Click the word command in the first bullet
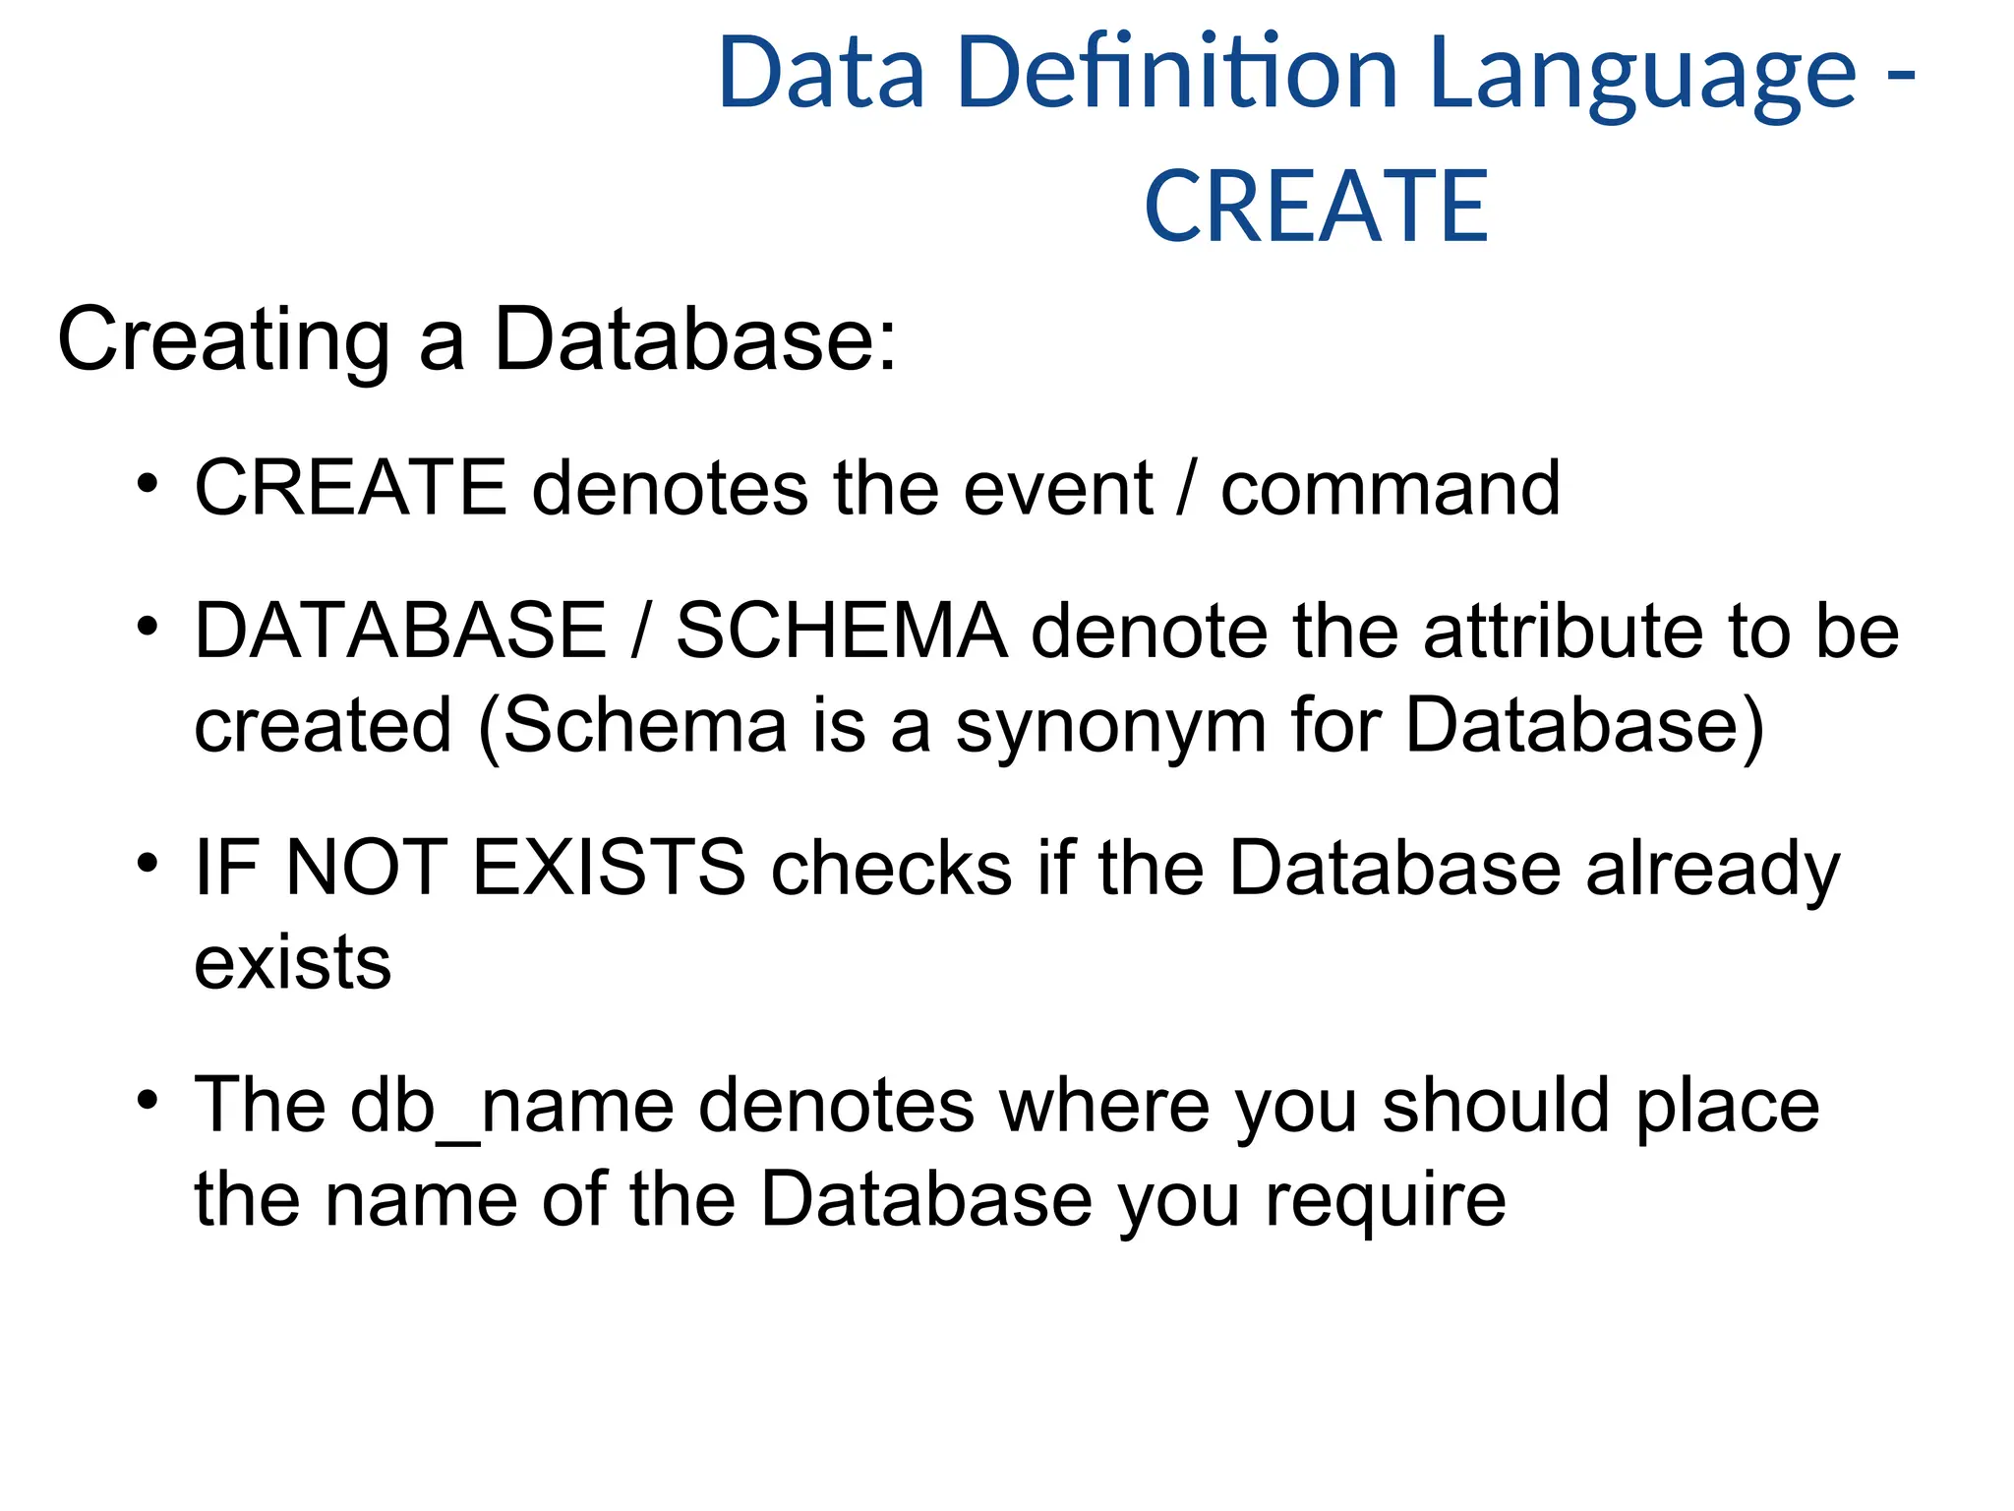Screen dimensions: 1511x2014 pos(1390,488)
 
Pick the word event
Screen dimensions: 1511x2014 pos(1058,488)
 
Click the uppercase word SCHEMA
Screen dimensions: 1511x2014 pos(842,631)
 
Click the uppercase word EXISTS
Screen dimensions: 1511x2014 pos(609,868)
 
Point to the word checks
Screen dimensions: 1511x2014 pos(892,868)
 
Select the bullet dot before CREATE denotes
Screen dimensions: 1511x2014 pos(148,484)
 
